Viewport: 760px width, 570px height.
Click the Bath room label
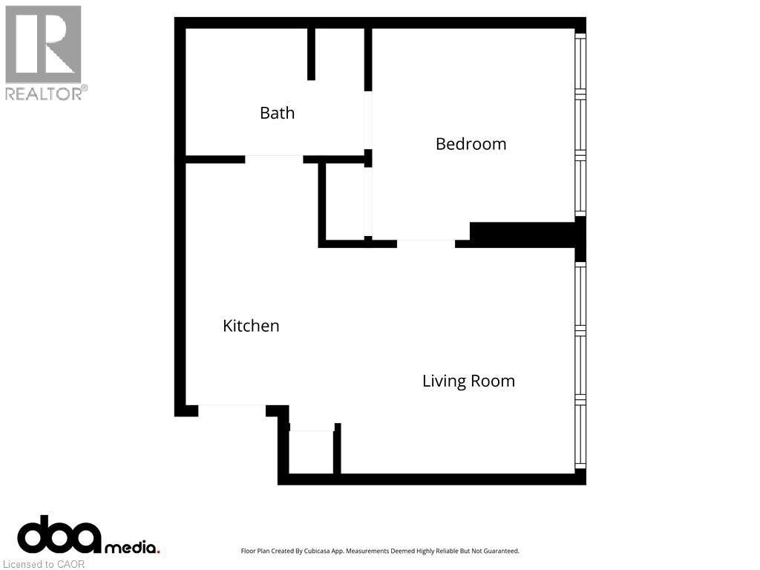point(278,113)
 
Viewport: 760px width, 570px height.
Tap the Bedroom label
point(471,144)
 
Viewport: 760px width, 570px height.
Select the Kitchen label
point(251,326)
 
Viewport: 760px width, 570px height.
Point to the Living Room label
point(468,381)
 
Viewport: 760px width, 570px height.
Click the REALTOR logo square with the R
point(43,44)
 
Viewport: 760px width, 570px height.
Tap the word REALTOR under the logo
point(44,94)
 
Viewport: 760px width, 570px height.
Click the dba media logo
point(88,535)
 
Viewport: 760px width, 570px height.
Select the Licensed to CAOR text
point(44,564)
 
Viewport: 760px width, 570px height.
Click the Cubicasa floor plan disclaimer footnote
point(380,551)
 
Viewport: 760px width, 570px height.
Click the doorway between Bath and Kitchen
point(274,159)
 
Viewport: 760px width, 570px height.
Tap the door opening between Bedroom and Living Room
point(426,243)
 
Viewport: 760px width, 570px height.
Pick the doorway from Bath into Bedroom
point(368,120)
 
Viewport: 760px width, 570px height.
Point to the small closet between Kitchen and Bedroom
point(345,202)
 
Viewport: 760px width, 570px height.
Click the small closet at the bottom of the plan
point(311,452)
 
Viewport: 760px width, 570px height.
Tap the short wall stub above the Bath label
point(311,54)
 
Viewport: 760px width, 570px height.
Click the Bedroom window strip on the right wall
point(580,125)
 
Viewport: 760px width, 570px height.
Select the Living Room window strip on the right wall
point(580,366)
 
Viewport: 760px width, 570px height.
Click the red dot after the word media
point(157,551)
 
